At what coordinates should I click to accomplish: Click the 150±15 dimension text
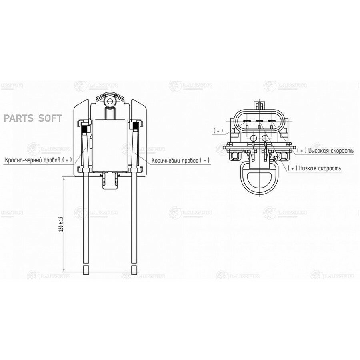coord(61,225)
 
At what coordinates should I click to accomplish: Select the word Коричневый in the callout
coord(166,160)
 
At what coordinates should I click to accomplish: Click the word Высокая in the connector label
coord(321,151)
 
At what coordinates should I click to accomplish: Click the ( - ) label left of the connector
coord(218,131)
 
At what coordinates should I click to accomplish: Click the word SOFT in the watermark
coord(50,118)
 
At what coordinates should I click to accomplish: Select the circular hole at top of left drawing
coord(109,102)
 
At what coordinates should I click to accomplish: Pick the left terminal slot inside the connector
coord(246,121)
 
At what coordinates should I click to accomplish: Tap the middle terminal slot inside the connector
coord(259,121)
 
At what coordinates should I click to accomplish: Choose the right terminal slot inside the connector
coord(272,121)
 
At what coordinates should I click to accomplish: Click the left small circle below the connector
coord(253,138)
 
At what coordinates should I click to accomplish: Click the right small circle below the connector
coord(264,138)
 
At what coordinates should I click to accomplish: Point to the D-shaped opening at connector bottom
coord(260,178)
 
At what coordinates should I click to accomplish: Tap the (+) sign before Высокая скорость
coord(302,151)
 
